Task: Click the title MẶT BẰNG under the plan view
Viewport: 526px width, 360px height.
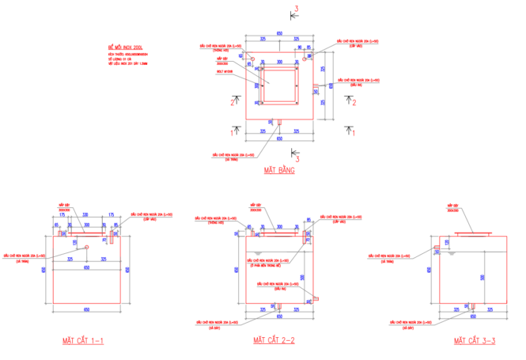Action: tap(279, 170)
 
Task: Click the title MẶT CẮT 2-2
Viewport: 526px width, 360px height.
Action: tap(274, 340)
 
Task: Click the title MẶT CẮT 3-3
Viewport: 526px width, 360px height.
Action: tap(474, 340)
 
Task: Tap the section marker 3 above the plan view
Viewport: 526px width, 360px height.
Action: tap(297, 9)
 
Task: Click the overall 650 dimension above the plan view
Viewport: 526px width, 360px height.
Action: tap(279, 32)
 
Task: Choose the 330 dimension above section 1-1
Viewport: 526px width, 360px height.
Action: tap(85, 214)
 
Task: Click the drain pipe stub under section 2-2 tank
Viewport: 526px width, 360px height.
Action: tap(278, 307)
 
